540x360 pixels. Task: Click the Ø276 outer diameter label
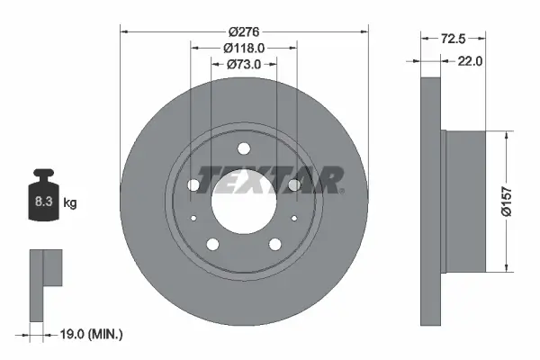[244, 32]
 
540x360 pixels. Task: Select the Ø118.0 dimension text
[244, 48]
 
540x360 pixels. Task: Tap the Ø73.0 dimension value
[244, 64]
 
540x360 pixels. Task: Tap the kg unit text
[70, 203]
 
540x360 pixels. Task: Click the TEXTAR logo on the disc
[269, 180]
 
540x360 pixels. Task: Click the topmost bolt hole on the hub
[244, 149]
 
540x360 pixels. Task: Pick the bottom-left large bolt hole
[213, 244]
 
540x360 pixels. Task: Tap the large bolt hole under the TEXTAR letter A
[293, 185]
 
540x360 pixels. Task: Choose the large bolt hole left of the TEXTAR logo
[193, 185]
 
